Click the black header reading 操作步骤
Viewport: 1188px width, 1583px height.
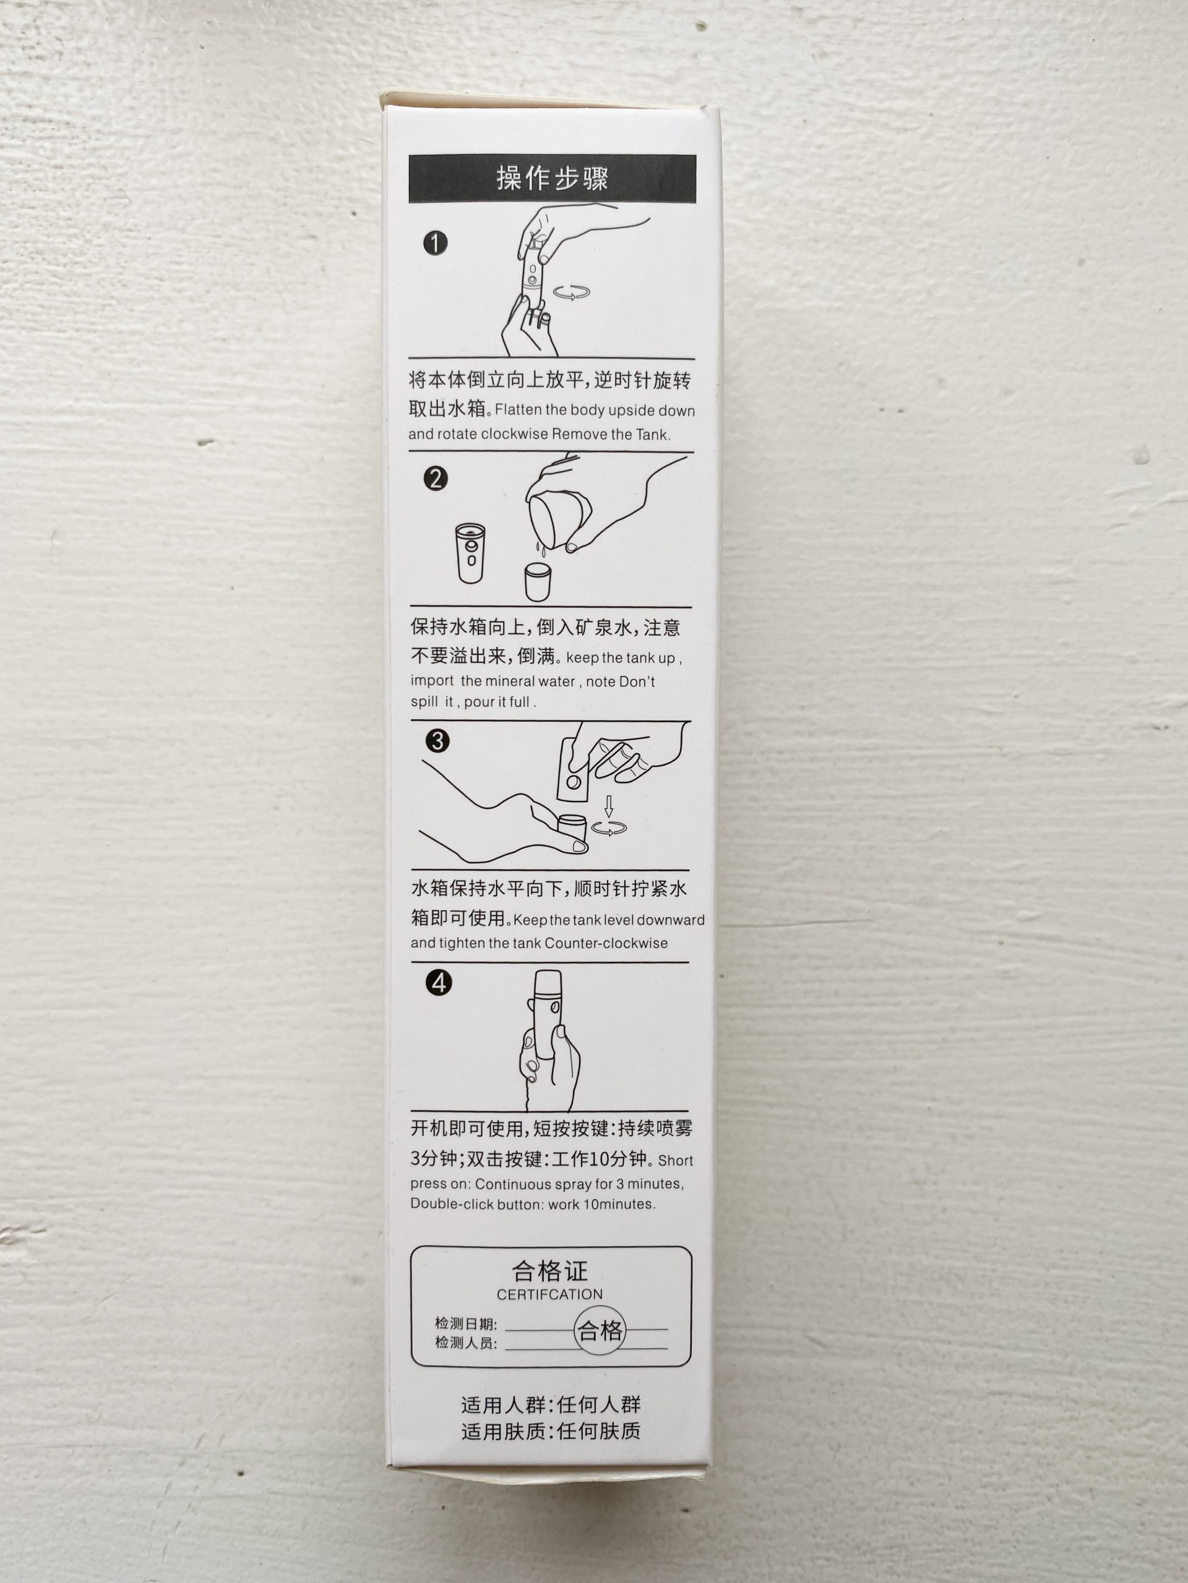tap(552, 178)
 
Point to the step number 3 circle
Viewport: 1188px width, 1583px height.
tap(437, 741)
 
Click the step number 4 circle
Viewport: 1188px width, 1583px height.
tap(438, 983)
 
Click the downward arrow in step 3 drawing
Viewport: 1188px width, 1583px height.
tap(609, 806)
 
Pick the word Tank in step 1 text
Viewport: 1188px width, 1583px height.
tap(652, 434)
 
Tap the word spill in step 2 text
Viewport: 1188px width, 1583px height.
tap(424, 702)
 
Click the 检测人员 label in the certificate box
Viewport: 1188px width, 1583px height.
tap(465, 1343)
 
